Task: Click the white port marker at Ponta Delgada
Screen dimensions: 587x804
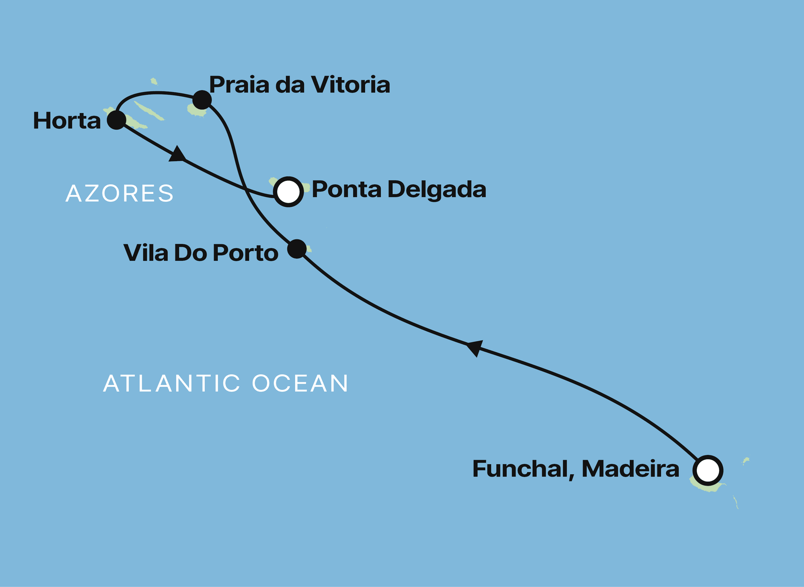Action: pyautogui.click(x=289, y=192)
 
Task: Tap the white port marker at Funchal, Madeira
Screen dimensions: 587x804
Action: pyautogui.click(x=708, y=470)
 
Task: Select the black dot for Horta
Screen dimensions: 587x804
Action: pyautogui.click(x=116, y=120)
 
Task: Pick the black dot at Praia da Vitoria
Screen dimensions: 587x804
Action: pyautogui.click(x=202, y=100)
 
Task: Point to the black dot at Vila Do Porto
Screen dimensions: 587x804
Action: pyautogui.click(x=297, y=249)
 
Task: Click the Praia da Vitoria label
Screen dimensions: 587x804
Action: pyautogui.click(x=299, y=85)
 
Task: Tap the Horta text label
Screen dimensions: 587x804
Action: pyautogui.click(x=67, y=121)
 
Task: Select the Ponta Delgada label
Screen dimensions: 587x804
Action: pyautogui.click(x=399, y=189)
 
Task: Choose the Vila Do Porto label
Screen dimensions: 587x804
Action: pyautogui.click(x=201, y=253)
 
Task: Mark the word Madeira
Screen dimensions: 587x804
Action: pyautogui.click(x=630, y=469)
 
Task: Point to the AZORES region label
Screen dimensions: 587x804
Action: pyautogui.click(x=119, y=193)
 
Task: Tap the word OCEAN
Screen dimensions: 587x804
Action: pyautogui.click(x=300, y=383)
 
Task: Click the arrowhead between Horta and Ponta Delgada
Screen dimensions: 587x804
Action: pyautogui.click(x=178, y=154)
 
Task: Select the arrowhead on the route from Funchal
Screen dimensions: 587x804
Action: pyautogui.click(x=475, y=348)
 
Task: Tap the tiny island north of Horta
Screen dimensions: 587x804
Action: pyautogui.click(x=154, y=81)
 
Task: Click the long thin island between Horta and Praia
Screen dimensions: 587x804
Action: pyautogui.click(x=149, y=111)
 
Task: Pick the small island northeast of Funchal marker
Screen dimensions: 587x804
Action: pyautogui.click(x=746, y=461)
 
